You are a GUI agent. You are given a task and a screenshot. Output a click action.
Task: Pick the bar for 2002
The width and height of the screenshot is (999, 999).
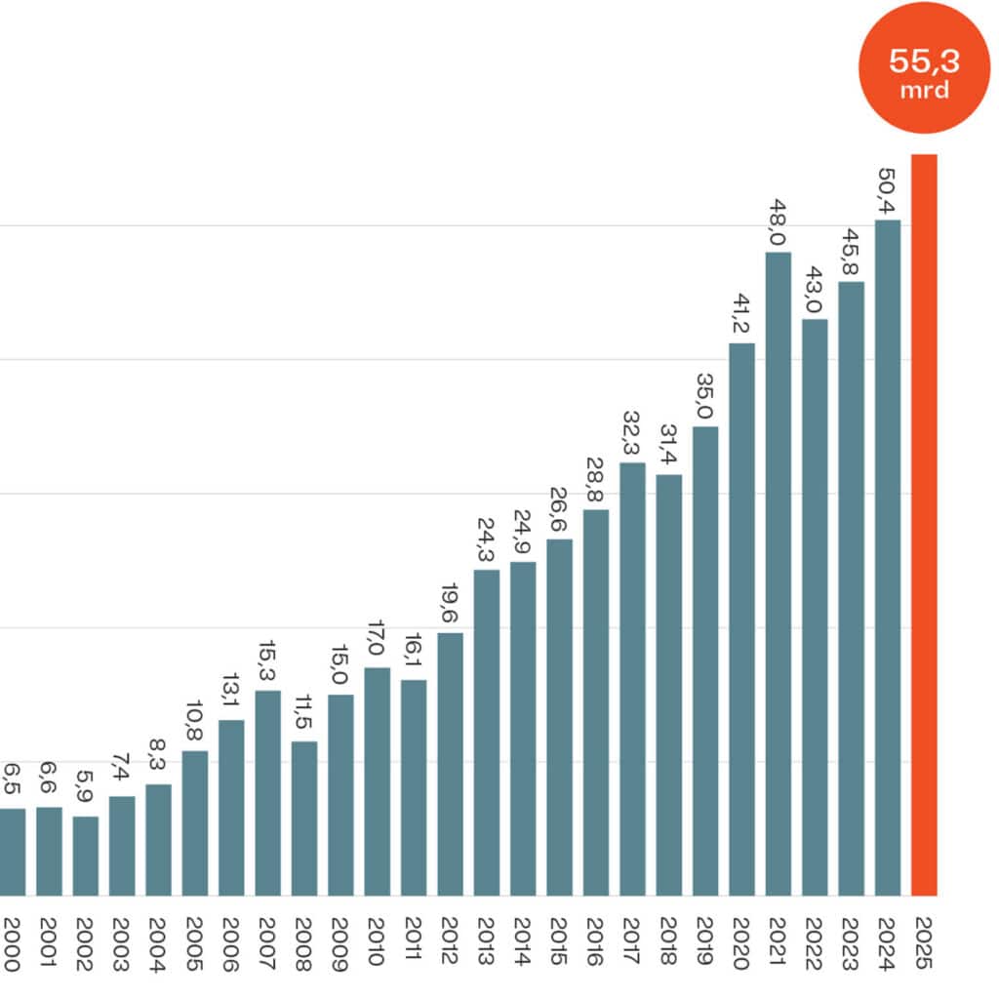click(86, 856)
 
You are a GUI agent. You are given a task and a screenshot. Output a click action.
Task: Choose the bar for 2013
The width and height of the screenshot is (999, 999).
click(487, 732)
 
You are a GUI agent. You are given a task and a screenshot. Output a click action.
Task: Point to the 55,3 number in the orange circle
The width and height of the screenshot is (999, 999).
click(924, 60)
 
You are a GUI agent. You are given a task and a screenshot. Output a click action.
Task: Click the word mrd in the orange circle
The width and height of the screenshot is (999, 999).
click(924, 90)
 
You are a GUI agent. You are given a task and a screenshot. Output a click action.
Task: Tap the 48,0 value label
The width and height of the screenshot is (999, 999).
click(778, 224)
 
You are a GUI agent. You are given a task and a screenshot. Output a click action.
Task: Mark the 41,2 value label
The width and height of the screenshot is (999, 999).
click(740, 315)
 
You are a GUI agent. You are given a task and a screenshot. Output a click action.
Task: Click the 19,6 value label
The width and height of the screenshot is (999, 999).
click(450, 606)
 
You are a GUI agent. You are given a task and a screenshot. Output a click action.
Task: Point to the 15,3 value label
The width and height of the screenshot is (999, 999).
click(267, 663)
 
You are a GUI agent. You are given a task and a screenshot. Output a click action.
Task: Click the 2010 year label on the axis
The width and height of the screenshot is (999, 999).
click(377, 944)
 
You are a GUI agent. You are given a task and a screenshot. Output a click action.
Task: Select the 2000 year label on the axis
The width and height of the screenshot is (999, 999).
click(12, 944)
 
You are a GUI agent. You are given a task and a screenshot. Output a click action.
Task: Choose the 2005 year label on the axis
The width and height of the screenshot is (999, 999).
click(194, 944)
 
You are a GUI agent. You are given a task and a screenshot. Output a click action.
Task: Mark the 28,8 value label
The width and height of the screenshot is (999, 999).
click(595, 482)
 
